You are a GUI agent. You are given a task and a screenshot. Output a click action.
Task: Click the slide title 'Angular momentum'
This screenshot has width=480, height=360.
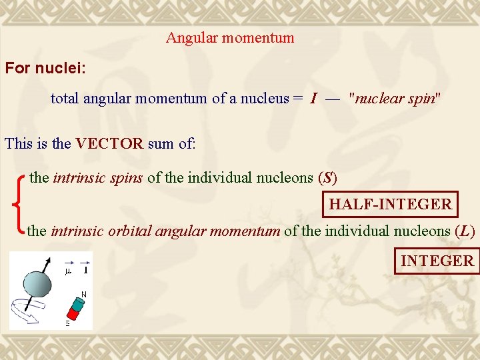click(230, 38)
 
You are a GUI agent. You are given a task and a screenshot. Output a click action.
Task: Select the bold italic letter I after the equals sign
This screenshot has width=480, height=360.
click(313, 99)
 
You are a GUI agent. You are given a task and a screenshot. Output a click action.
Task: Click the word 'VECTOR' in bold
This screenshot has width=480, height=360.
click(109, 143)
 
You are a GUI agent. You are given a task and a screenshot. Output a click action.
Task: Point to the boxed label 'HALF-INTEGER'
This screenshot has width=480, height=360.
click(390, 204)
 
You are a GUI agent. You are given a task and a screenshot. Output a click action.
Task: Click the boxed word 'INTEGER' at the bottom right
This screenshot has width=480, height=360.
click(437, 261)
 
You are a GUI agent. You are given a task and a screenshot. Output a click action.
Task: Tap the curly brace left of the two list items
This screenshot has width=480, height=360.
click(19, 204)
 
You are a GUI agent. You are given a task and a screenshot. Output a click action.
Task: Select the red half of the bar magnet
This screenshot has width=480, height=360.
click(71, 314)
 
